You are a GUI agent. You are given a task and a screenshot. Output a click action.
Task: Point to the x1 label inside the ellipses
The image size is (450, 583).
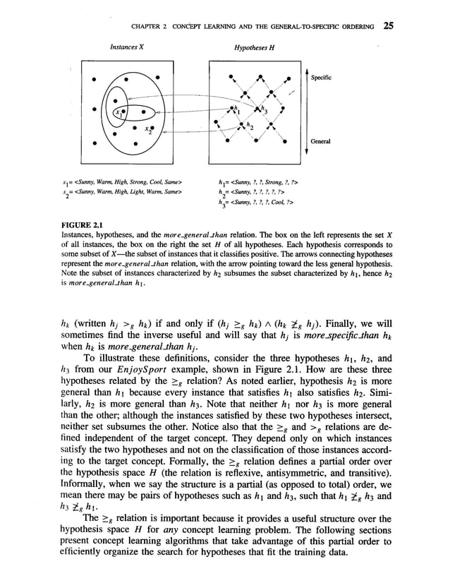(x=119, y=112)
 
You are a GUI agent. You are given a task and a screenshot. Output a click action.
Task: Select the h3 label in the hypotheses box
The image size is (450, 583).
(x=264, y=108)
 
